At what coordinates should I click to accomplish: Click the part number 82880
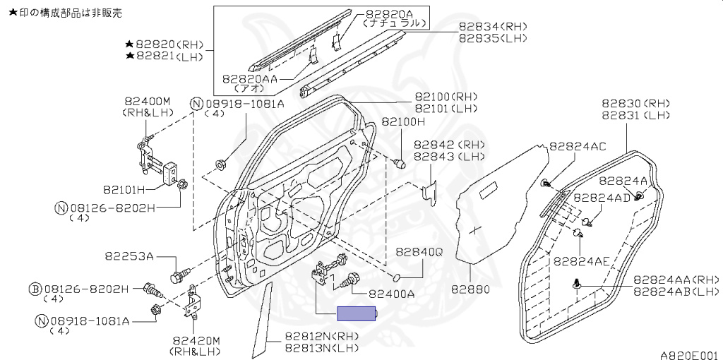pyautogui.click(x=470, y=289)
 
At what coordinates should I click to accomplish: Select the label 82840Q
pyautogui.click(x=419, y=251)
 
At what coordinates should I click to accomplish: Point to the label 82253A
pyautogui.click(x=130, y=256)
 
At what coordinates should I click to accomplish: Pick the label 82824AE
pyautogui.click(x=581, y=260)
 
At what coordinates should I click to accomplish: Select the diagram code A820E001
pyautogui.click(x=689, y=355)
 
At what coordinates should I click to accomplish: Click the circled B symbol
pyautogui.click(x=34, y=288)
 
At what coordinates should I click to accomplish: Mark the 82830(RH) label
pyautogui.click(x=635, y=103)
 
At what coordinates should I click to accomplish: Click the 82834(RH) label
pyautogui.click(x=493, y=26)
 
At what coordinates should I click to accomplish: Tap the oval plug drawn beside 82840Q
pyautogui.click(x=395, y=275)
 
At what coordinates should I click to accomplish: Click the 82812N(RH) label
pyautogui.click(x=322, y=337)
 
